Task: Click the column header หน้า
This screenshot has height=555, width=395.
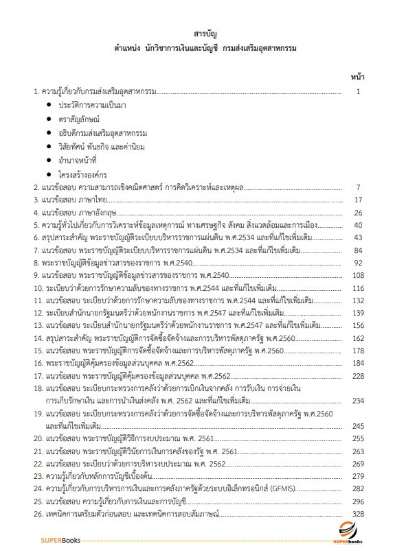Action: tap(357, 76)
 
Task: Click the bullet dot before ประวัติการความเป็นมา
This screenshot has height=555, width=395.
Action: tap(49, 104)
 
